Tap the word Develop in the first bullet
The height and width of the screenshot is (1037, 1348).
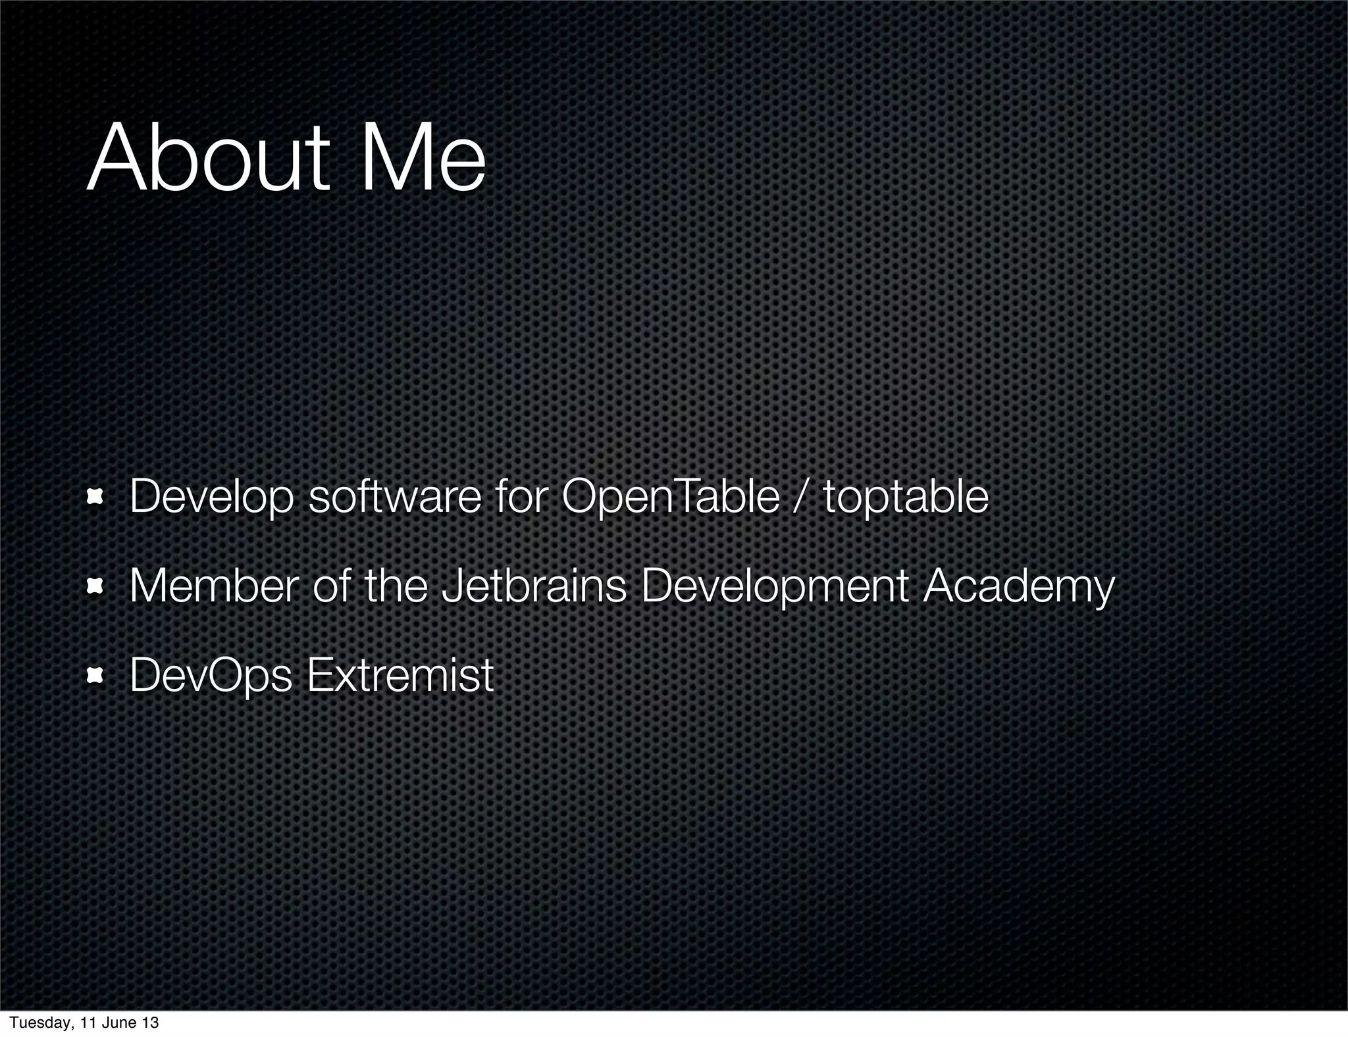(x=211, y=497)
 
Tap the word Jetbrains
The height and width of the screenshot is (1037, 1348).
(x=534, y=586)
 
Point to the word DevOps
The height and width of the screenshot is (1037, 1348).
(x=211, y=676)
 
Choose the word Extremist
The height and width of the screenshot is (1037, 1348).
(x=400, y=674)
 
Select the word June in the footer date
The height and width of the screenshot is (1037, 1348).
(x=120, y=1023)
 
